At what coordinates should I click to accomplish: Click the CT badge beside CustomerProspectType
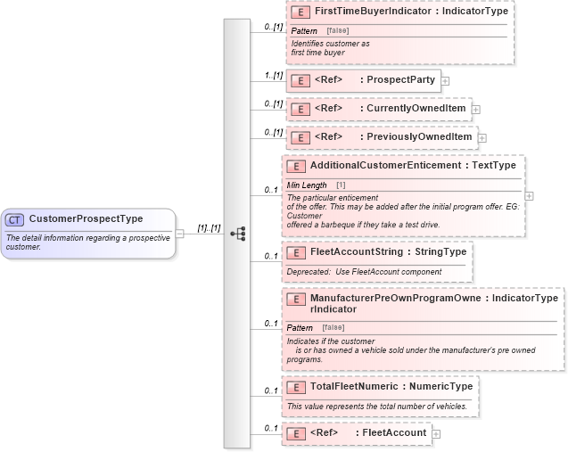[15, 219]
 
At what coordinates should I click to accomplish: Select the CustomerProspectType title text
[86, 219]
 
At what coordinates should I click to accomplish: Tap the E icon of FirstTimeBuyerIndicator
[300, 13]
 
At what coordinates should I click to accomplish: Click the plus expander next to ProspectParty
[445, 80]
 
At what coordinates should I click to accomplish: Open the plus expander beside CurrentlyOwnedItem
[475, 109]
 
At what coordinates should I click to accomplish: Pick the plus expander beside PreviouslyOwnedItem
[482, 137]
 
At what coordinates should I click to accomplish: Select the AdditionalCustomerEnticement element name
[386, 166]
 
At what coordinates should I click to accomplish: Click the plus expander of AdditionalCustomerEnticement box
[530, 195]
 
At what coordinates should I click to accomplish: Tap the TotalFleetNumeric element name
[353, 387]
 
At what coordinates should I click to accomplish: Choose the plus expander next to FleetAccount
[436, 433]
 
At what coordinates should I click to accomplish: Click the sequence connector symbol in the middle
[237, 234]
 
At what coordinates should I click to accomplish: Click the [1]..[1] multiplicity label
[209, 228]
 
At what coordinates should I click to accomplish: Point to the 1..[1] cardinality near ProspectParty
[273, 75]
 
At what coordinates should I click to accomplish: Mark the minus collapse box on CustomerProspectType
[180, 234]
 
